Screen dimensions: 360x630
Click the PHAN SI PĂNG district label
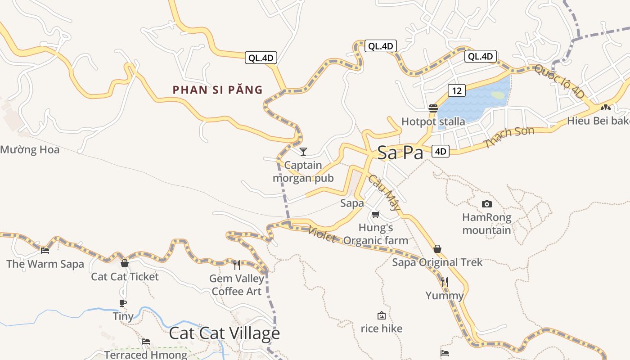tap(218, 90)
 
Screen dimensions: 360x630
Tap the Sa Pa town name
tap(400, 153)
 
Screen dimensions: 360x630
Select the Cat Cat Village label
tap(224, 333)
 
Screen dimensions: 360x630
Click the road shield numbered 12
tap(456, 90)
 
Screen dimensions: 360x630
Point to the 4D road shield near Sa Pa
tap(441, 151)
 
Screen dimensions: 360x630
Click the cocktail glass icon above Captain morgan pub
tap(303, 151)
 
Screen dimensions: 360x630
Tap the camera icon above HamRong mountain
tap(486, 204)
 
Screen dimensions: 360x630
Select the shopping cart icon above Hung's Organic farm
tap(376, 214)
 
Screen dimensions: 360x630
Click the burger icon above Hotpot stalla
tap(433, 108)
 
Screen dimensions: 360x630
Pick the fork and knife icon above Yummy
tap(445, 282)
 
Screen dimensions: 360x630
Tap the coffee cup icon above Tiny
tap(123, 303)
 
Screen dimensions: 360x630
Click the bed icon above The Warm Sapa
tap(45, 251)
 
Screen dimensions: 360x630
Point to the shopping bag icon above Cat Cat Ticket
tap(125, 263)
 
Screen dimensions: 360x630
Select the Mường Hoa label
tap(30, 149)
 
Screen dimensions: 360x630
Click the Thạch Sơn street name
tap(509, 137)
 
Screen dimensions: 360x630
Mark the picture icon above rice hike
tap(382, 315)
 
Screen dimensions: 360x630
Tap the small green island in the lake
tap(498, 95)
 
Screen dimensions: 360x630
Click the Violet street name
tap(322, 234)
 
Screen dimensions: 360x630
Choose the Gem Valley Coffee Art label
tap(237, 285)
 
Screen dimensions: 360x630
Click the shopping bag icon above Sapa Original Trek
tap(437, 249)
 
